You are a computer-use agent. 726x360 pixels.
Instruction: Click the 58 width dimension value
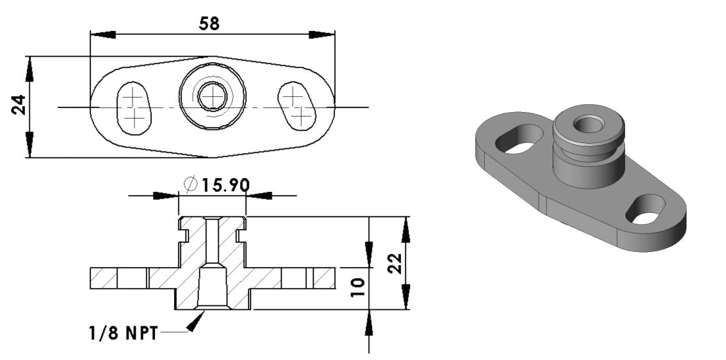209,23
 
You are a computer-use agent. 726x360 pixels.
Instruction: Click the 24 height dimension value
19,105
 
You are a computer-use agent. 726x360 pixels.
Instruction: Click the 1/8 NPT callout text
124,334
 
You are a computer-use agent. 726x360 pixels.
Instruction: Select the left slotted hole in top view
134,107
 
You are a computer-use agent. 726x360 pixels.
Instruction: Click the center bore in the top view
212,98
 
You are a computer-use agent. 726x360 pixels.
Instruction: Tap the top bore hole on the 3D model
586,123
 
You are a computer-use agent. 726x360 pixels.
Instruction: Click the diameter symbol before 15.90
191,185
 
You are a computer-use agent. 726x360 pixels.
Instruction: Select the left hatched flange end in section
104,278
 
